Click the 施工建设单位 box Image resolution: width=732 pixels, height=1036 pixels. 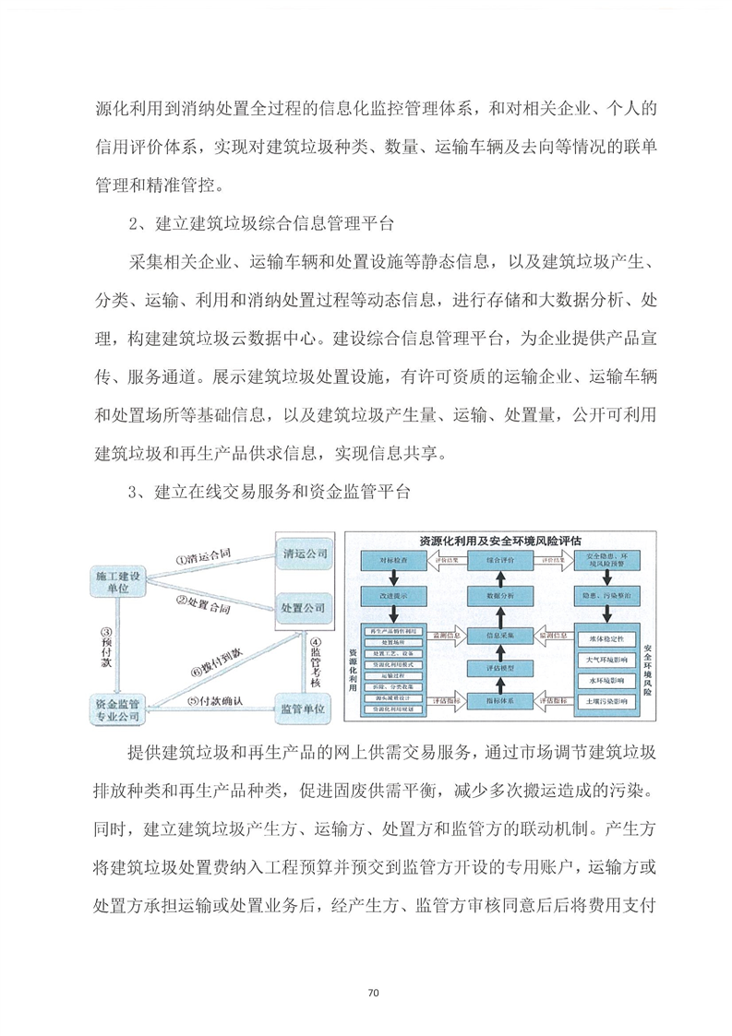tap(117, 581)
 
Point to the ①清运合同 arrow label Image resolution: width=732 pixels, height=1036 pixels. tap(202, 557)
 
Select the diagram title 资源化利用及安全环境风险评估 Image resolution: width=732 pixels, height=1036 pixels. tap(506, 541)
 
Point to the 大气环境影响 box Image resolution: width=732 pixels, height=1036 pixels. tap(606, 660)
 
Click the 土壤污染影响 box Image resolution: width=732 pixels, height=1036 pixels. tap(606, 701)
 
